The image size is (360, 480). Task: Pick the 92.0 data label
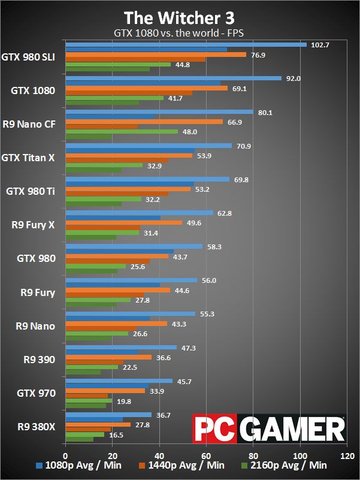(295, 79)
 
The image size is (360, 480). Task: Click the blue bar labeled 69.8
(147, 179)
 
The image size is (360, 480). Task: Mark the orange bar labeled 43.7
(117, 256)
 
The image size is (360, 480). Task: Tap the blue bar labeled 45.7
(119, 381)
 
